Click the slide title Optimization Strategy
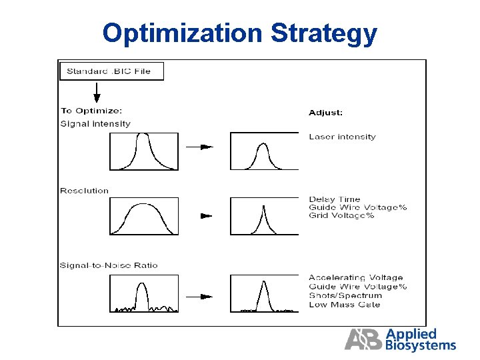click(x=240, y=33)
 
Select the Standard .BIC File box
click(x=111, y=71)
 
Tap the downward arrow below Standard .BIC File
click(x=97, y=93)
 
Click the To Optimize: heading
click(x=91, y=111)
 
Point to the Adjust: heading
click(x=325, y=113)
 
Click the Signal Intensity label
click(x=95, y=123)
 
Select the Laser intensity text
click(x=342, y=137)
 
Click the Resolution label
click(x=84, y=191)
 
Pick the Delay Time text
click(x=334, y=199)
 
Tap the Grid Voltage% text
click(x=341, y=215)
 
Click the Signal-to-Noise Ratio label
click(x=109, y=265)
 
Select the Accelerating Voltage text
click(x=355, y=277)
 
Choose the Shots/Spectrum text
click(x=345, y=295)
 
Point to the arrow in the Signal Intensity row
click(x=199, y=147)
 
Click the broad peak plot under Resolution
click(x=144, y=216)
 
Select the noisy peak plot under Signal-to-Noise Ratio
click(x=144, y=294)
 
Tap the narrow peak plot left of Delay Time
click(x=263, y=216)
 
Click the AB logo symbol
click(x=364, y=339)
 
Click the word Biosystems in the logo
click(x=421, y=345)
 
